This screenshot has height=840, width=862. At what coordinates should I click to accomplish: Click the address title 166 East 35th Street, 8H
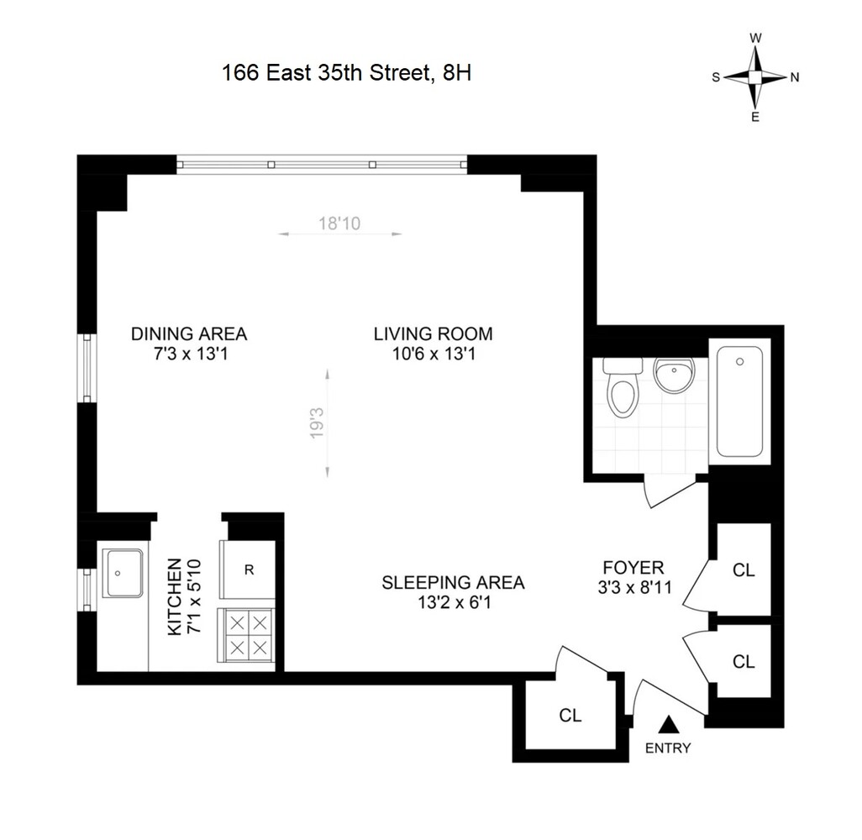tap(346, 73)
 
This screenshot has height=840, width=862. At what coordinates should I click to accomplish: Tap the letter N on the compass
tap(794, 77)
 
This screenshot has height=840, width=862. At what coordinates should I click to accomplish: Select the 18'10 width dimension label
tap(339, 223)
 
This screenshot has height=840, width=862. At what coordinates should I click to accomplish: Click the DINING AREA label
tap(189, 334)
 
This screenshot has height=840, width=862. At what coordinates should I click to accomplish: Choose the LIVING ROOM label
tap(433, 334)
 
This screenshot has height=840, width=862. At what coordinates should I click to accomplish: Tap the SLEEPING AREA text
tap(453, 582)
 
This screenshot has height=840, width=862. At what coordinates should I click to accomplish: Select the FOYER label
tap(633, 567)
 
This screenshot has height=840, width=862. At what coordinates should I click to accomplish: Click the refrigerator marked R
tap(249, 570)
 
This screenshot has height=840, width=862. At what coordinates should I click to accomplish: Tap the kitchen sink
tap(123, 573)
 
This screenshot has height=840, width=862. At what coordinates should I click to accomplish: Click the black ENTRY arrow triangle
tap(669, 723)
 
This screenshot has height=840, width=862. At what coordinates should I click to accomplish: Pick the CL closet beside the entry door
tap(570, 716)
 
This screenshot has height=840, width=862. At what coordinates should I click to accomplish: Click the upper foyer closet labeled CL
tap(744, 570)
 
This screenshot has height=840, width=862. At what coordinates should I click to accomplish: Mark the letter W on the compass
tap(755, 38)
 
